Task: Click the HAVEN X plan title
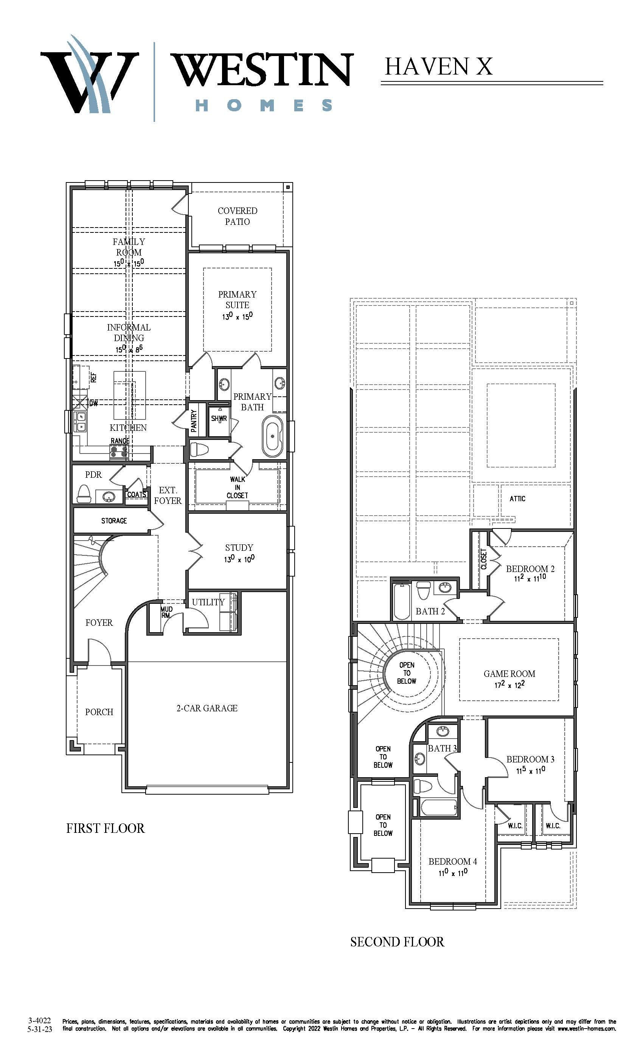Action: point(438,67)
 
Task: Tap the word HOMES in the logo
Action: point(264,105)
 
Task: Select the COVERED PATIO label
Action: point(237,216)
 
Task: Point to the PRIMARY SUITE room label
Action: point(237,299)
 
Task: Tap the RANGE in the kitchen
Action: point(120,451)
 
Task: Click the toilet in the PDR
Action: point(84,494)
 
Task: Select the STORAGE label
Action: point(114,521)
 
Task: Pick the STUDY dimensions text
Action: point(239,559)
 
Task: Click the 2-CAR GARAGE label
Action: point(207,708)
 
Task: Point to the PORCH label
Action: point(99,712)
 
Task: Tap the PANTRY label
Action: point(194,421)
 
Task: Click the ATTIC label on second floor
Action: point(517,499)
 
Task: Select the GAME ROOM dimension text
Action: point(509,684)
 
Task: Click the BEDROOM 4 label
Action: point(453,861)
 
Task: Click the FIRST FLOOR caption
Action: point(105,828)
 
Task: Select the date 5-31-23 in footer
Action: point(40,1029)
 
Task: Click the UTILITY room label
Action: point(208,602)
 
